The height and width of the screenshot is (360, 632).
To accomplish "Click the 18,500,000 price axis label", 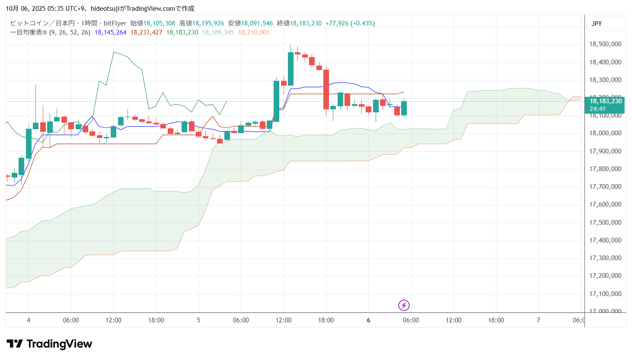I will click(605, 44).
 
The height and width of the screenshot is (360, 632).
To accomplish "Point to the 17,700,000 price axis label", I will click(605, 187).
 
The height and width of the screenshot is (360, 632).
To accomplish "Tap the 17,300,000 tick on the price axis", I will click(605, 258).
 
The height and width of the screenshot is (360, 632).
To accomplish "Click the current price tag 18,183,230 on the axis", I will click(606, 101).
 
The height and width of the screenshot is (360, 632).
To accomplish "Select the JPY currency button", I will click(597, 24).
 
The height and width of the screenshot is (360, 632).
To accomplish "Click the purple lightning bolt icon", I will click(404, 306).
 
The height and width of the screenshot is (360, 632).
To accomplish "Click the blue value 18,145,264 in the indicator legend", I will click(110, 32).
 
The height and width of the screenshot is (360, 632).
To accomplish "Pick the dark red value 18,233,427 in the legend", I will click(147, 32).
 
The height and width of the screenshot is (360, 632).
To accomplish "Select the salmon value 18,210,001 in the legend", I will click(254, 32).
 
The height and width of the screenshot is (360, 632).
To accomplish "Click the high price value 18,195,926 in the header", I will click(208, 23).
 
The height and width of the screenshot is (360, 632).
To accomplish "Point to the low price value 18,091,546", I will click(257, 23).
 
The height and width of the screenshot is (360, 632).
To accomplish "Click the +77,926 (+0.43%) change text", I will click(350, 23).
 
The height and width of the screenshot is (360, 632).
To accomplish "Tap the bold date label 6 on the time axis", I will click(368, 320).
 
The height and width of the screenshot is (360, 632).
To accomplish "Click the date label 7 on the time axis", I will click(538, 320).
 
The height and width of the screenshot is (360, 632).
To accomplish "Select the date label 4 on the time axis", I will click(29, 320).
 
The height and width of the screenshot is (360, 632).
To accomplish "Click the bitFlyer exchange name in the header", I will click(115, 23).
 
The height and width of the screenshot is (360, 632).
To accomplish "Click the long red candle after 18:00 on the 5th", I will click(326, 89).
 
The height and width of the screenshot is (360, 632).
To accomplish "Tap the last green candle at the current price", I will click(404, 108).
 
